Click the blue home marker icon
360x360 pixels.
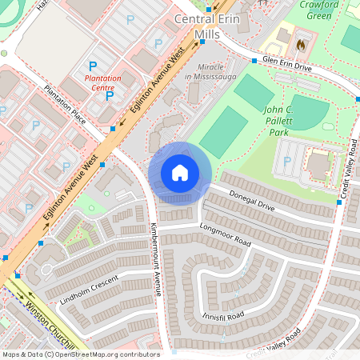[x=180, y=172]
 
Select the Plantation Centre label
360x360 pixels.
[x=106, y=83]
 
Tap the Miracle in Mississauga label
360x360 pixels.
[x=210, y=70]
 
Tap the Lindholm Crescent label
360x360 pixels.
[x=89, y=290]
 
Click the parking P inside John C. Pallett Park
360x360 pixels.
[x=287, y=160]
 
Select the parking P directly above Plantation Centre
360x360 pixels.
[x=93, y=66]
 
